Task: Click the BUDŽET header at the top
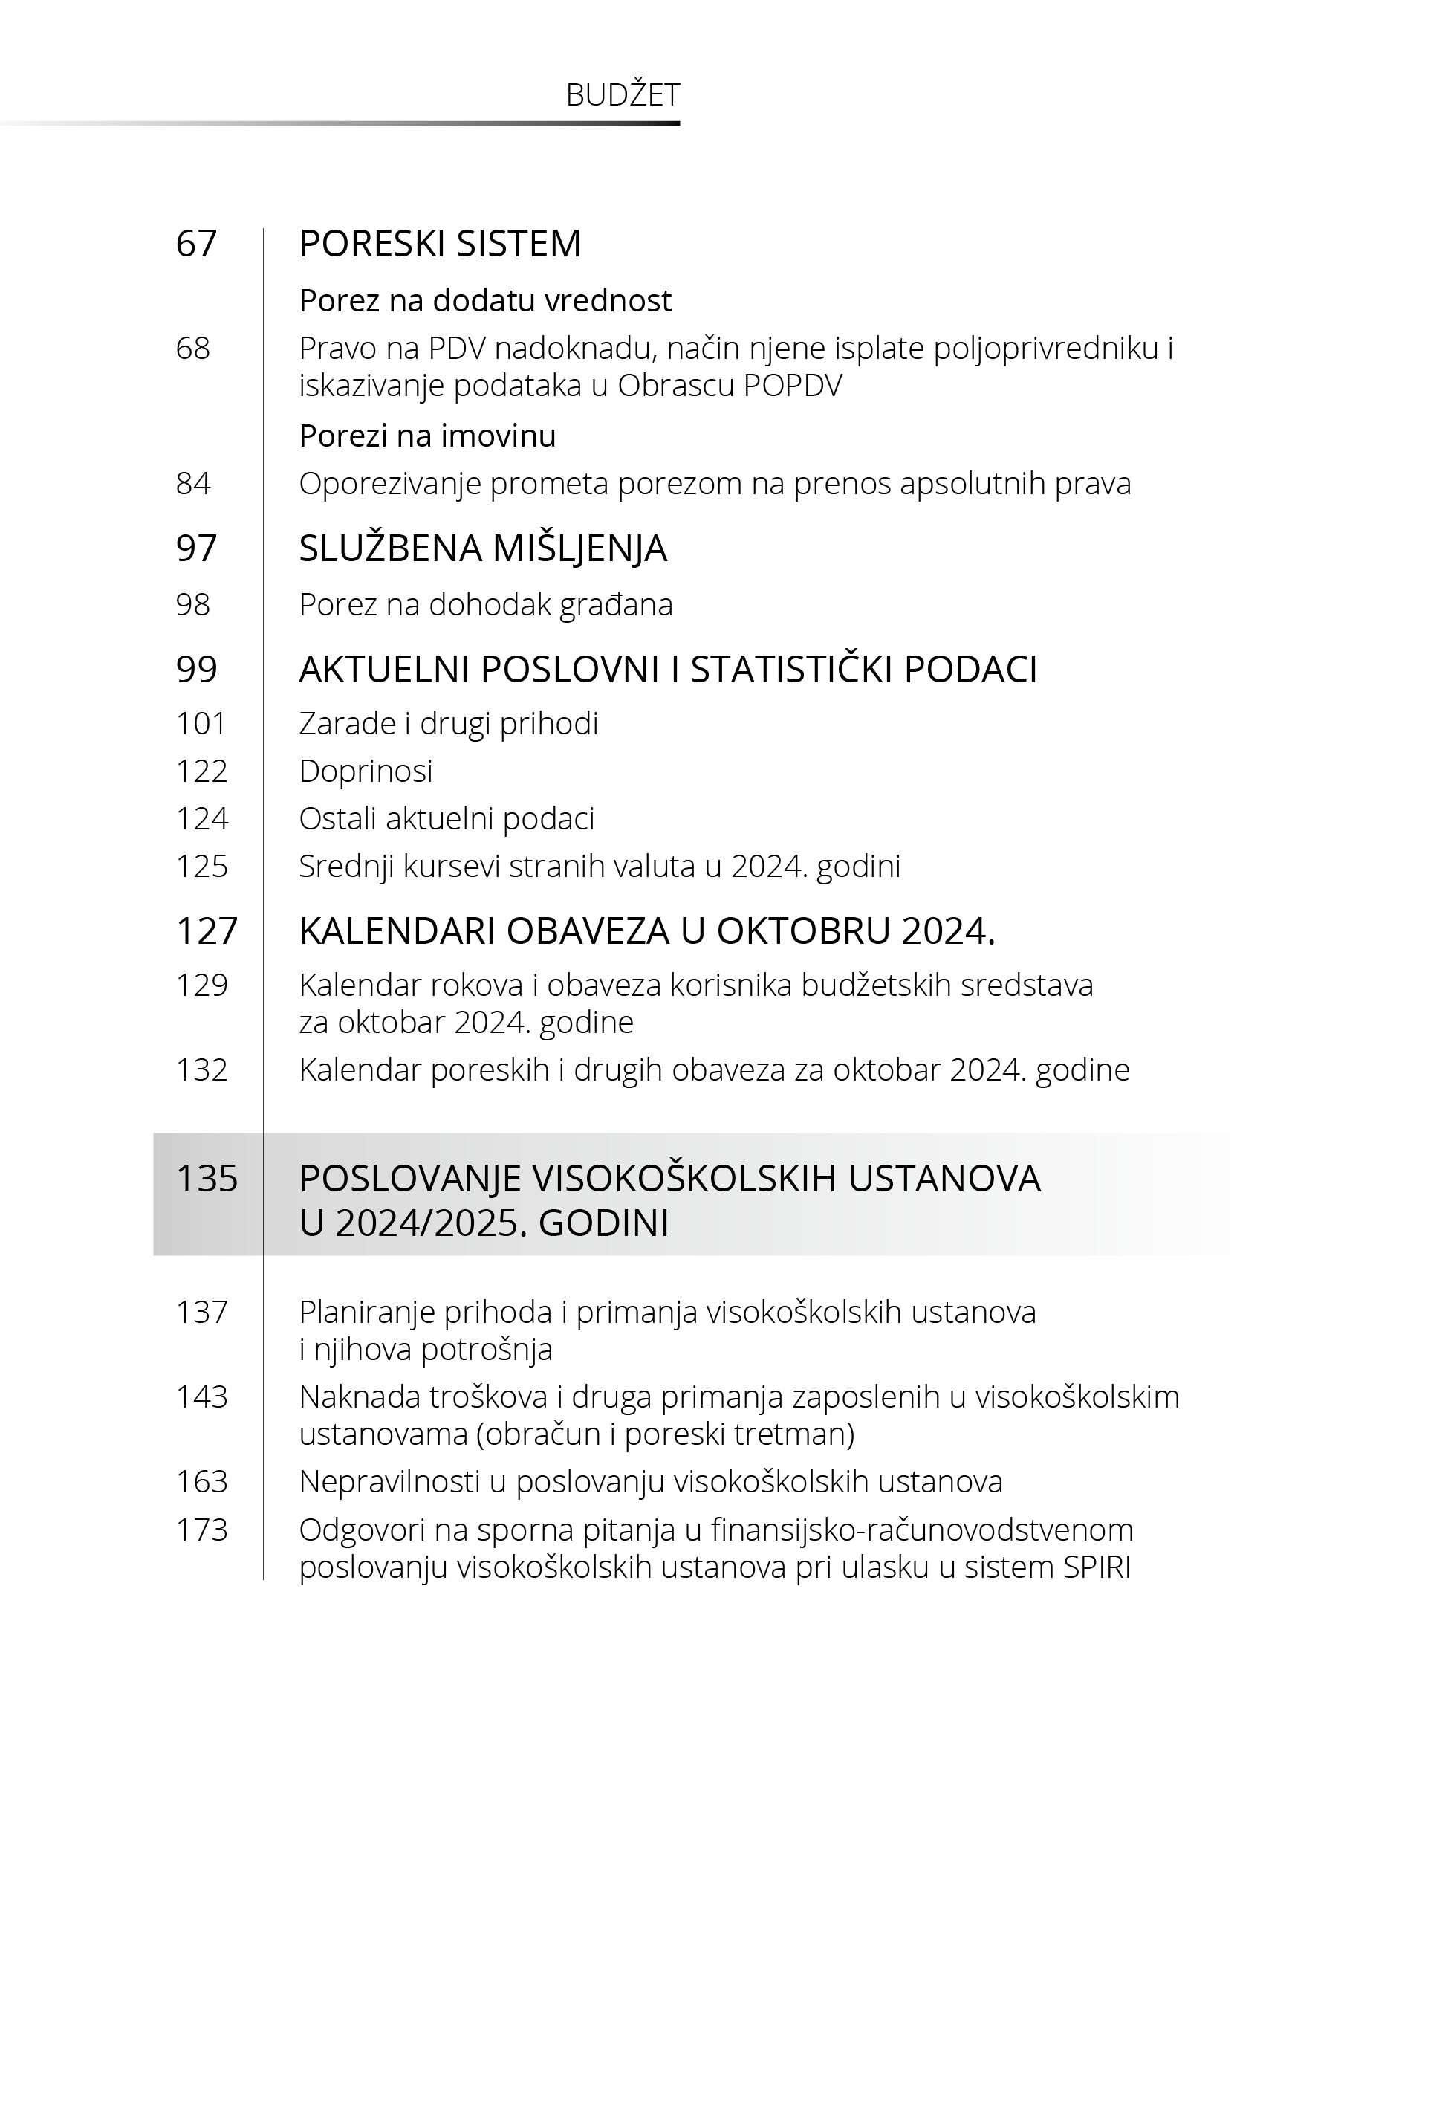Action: point(623,95)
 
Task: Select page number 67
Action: point(196,243)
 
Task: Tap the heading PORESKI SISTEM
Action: point(440,243)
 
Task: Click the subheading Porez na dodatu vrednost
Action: point(485,300)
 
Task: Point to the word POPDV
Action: point(792,386)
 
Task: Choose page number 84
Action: point(193,484)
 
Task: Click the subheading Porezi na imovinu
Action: point(427,436)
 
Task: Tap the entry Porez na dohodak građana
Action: point(485,604)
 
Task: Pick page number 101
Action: point(201,723)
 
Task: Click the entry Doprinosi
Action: point(366,771)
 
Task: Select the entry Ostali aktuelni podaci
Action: point(447,818)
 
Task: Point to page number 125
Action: point(201,866)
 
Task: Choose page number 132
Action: point(201,1069)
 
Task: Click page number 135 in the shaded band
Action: point(207,1179)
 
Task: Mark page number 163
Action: point(201,1482)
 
